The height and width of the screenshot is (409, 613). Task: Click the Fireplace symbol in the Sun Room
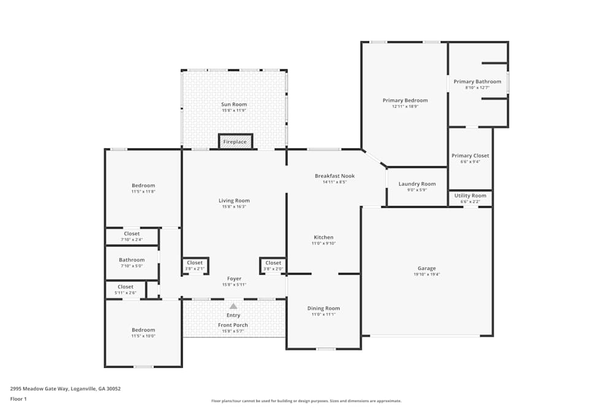235,142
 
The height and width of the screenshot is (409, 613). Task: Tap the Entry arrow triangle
234,305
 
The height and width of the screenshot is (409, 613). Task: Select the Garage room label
427,268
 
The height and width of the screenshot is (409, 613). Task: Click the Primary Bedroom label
405,101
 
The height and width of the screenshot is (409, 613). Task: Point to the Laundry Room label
417,184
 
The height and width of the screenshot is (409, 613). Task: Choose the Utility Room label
470,196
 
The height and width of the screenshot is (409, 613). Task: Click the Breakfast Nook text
335,176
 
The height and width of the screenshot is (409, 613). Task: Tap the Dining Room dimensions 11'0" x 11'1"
324,315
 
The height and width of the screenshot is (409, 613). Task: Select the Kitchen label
324,237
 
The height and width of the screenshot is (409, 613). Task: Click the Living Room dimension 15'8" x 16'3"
234,207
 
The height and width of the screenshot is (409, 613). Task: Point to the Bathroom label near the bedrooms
132,260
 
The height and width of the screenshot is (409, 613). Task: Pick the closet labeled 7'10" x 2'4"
132,236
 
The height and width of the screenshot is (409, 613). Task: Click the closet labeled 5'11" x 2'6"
126,289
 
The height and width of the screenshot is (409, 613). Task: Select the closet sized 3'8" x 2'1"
195,266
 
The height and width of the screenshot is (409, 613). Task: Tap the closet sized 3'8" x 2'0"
273,266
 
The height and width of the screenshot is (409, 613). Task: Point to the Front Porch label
234,325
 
